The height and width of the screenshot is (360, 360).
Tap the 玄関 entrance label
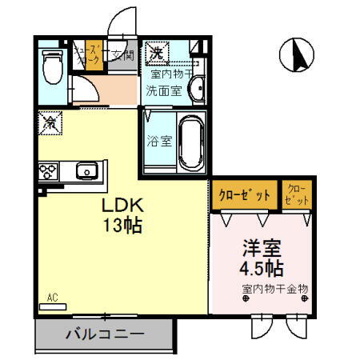click(122, 55)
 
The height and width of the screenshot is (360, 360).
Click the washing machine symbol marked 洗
click(157, 54)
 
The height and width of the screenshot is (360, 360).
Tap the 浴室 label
click(158, 142)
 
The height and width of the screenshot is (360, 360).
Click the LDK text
click(121, 206)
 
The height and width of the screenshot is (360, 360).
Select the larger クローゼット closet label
click(245, 194)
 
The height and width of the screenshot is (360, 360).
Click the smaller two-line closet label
click(297, 194)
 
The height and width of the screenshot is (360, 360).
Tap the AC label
click(53, 298)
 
